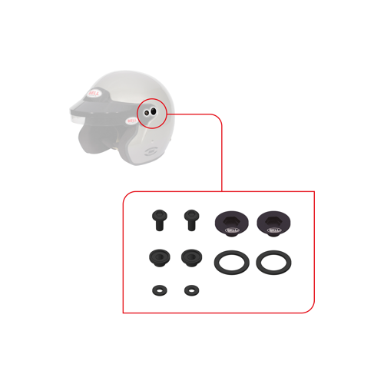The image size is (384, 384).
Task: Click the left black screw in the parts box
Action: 157,221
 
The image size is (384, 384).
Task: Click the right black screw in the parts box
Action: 189,221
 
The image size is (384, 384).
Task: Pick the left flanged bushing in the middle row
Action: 157,257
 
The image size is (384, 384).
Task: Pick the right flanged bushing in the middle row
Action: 189,257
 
